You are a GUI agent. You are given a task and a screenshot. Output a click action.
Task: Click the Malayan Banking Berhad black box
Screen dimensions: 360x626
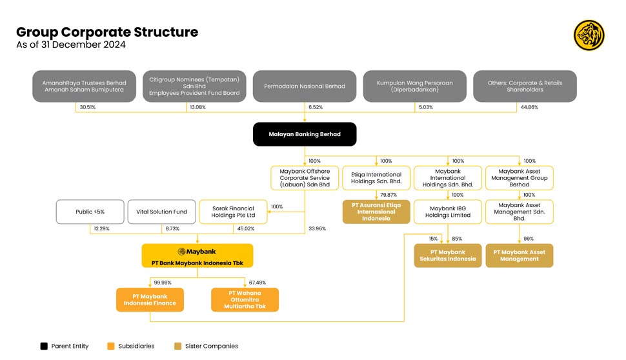click(304, 134)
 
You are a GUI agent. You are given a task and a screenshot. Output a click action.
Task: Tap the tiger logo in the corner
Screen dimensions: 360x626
click(589, 35)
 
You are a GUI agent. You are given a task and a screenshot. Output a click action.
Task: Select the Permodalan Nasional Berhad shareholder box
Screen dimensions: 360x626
click(304, 86)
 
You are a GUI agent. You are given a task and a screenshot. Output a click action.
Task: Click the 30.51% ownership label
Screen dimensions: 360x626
click(87, 107)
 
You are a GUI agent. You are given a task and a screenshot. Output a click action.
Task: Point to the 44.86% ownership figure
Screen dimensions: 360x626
click(529, 107)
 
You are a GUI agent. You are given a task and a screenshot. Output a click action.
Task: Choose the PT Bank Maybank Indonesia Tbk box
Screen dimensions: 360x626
click(197, 256)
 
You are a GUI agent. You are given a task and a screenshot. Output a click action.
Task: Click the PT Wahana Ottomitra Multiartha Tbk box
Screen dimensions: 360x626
click(245, 300)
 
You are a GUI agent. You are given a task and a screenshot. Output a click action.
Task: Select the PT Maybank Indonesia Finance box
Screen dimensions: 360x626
click(150, 300)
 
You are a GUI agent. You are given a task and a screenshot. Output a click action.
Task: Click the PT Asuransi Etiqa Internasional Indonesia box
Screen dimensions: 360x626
click(376, 212)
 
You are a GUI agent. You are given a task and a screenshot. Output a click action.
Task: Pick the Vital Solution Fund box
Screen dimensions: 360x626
click(162, 212)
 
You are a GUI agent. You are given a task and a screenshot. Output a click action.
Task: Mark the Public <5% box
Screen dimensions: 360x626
click(90, 212)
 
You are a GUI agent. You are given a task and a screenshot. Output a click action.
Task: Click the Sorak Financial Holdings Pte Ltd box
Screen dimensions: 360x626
click(233, 212)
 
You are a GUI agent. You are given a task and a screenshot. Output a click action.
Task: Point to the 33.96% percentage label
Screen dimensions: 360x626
click(318, 228)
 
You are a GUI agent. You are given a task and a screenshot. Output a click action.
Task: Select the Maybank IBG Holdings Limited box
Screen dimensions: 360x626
click(447, 212)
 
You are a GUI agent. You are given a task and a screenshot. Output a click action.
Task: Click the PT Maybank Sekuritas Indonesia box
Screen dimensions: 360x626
click(447, 255)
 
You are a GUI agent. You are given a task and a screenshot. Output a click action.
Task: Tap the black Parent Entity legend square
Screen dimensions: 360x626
click(44, 346)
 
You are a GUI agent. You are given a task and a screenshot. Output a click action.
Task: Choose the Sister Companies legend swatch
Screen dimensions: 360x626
click(178, 346)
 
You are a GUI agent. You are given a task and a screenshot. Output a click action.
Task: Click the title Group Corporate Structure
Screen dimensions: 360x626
click(107, 32)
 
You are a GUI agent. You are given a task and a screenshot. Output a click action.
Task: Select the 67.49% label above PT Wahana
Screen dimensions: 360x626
click(257, 283)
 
